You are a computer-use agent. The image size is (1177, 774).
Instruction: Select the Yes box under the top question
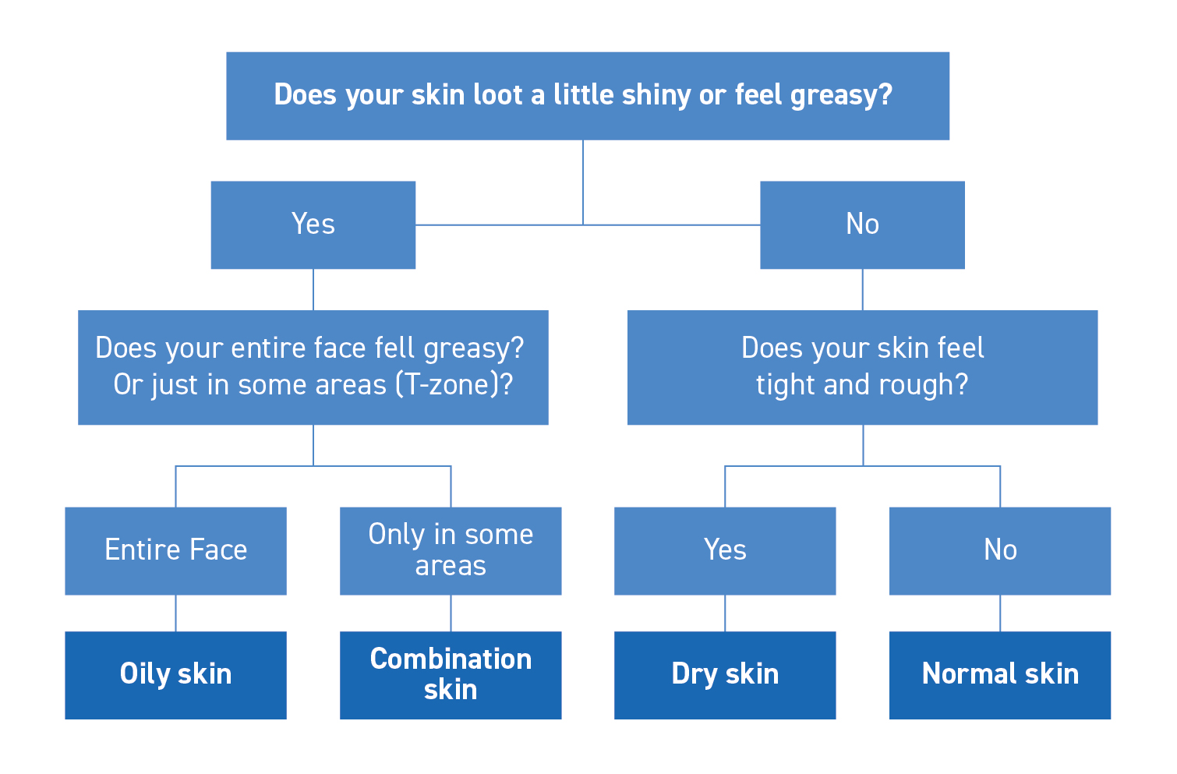coord(313,225)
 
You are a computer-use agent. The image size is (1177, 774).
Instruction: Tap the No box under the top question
coord(862,225)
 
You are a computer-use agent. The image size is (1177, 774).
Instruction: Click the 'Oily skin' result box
coord(175,675)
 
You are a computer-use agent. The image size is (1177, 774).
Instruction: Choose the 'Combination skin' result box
coord(451,675)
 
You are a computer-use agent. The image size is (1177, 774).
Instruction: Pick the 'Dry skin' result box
coord(725,675)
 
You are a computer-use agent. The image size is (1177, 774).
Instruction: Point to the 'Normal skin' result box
coord(1000,675)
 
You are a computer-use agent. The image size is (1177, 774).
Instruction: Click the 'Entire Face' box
coord(175,550)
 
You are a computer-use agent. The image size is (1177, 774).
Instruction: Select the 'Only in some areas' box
coord(451,550)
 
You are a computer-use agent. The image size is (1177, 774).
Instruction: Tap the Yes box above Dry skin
coord(725,550)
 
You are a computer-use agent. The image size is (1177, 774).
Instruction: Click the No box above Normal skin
coord(1000,550)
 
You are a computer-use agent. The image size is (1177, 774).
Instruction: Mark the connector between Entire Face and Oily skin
coord(175,613)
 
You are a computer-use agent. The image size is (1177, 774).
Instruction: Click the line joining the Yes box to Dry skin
coord(725,613)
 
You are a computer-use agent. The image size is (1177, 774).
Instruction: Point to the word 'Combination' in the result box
coord(451,659)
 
